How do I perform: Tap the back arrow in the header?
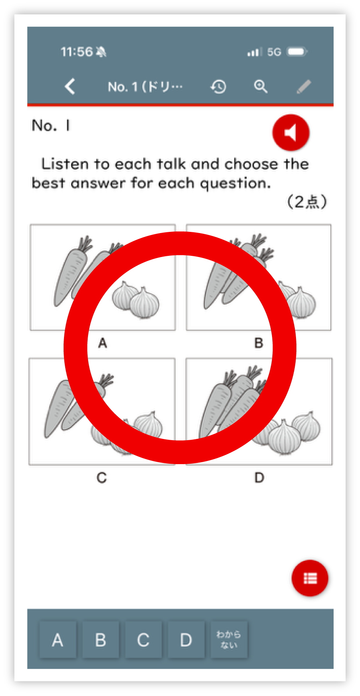pyautogui.click(x=70, y=86)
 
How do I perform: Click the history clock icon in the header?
pyautogui.click(x=218, y=86)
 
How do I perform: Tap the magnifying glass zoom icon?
pyautogui.click(x=261, y=86)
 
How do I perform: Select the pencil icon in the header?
pyautogui.click(x=304, y=86)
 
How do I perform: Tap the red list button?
pyautogui.click(x=310, y=578)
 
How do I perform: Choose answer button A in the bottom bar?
pyautogui.click(x=58, y=640)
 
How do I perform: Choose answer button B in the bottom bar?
pyautogui.click(x=100, y=640)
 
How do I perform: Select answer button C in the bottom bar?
pyautogui.click(x=143, y=640)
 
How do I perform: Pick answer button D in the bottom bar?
pyautogui.click(x=186, y=640)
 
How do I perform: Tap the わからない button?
pyautogui.click(x=229, y=640)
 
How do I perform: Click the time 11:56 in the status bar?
pyautogui.click(x=76, y=52)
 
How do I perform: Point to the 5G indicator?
pyautogui.click(x=274, y=52)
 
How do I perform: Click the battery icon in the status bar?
pyautogui.click(x=297, y=52)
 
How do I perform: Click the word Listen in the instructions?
pyautogui.click(x=65, y=164)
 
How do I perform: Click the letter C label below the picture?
pyautogui.click(x=102, y=478)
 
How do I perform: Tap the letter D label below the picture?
pyautogui.click(x=259, y=478)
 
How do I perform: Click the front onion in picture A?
pyautogui.click(x=145, y=303)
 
